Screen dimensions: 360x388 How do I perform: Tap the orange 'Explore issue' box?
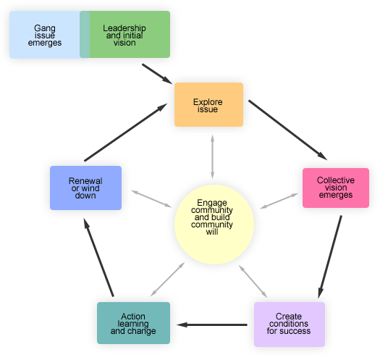coord(208,105)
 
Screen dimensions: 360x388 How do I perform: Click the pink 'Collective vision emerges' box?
coord(335,188)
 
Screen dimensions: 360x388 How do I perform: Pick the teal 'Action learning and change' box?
coord(133,323)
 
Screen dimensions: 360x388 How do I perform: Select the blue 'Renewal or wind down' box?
coord(85,188)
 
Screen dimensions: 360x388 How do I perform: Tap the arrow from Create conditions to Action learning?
coord(215,325)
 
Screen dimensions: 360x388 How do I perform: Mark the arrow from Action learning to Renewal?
coord(99,259)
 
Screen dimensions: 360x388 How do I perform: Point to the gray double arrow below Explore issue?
coord(212,156)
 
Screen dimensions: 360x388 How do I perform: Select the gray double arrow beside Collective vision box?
coord(279,201)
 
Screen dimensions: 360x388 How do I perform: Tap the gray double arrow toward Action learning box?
coord(167,280)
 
